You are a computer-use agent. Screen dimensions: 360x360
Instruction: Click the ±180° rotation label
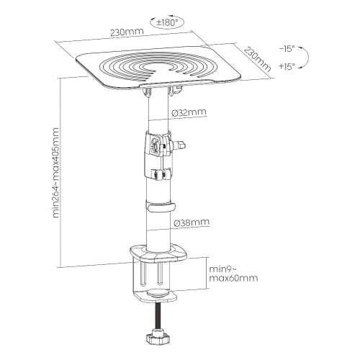coord(167,23)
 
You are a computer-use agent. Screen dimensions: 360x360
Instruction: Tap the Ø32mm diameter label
coord(189,112)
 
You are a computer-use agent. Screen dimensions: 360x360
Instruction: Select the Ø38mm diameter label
coord(192,222)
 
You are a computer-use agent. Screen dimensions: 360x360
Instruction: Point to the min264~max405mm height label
coord(55,173)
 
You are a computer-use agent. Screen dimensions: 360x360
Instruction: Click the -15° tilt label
coord(287,49)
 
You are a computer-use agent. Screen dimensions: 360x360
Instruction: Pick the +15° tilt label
coord(287,66)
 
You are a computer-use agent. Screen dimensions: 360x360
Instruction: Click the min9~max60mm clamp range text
coord(233,274)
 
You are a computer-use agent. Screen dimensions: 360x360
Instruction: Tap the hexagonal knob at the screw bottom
coord(158,338)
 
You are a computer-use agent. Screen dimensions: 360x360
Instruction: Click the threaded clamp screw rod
coord(158,318)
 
